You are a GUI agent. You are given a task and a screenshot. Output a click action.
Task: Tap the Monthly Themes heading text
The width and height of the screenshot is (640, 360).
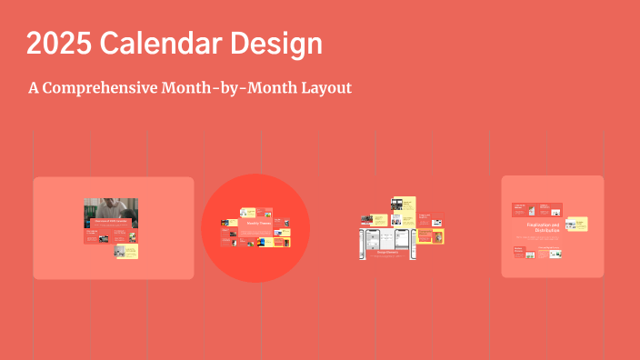point(256,223)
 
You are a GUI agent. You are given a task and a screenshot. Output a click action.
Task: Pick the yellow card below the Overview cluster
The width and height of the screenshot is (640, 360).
point(125,250)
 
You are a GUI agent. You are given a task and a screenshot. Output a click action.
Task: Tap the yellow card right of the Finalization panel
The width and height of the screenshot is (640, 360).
point(576,224)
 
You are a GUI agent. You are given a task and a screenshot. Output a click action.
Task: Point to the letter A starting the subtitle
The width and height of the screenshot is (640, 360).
point(34,88)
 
